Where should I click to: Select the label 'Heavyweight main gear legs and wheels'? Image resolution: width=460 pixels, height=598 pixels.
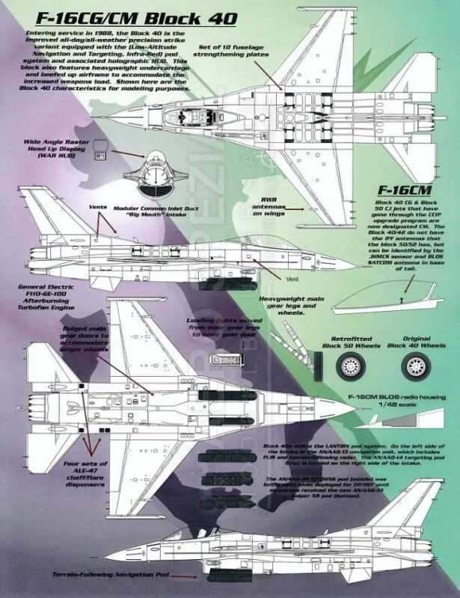(284, 304)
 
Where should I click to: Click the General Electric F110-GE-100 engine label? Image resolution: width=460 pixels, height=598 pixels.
(43, 295)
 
